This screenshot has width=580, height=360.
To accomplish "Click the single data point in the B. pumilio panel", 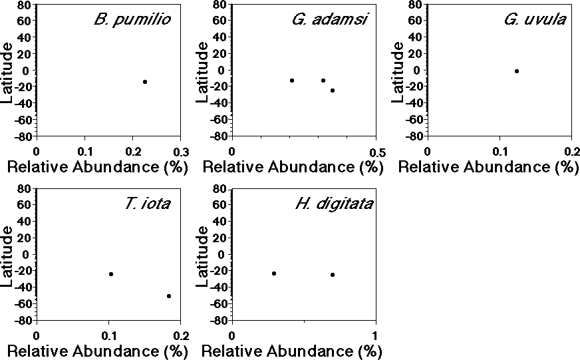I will click(x=144, y=82).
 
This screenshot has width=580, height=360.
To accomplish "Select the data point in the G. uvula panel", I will click(x=516, y=71).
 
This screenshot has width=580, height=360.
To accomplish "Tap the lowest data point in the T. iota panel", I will click(x=169, y=296).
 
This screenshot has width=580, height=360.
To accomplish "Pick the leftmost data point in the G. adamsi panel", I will click(x=291, y=81).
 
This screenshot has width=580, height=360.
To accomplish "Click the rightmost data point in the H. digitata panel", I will click(x=333, y=275).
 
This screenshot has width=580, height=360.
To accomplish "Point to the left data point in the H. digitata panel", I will click(x=273, y=273).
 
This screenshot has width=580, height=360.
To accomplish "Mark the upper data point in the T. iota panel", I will click(x=111, y=274).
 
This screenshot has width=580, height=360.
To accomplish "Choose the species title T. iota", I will click(x=146, y=203).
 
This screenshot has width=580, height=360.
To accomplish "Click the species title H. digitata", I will click(x=333, y=203).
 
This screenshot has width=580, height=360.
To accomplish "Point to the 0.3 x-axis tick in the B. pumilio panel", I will click(x=181, y=151).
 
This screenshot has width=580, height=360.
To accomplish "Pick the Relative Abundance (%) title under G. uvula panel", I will click(x=488, y=167).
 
